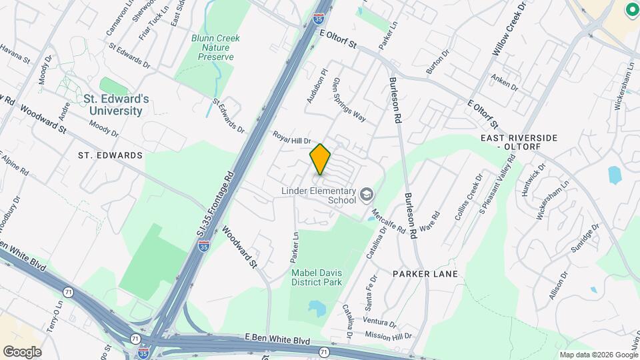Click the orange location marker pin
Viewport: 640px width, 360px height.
321,159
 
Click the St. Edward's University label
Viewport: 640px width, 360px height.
117,105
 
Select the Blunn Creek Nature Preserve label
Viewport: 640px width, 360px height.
216,47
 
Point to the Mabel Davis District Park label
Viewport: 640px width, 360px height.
316,277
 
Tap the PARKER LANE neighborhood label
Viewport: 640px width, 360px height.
425,274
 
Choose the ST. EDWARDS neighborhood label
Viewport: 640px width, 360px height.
110,155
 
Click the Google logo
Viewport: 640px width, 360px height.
22,351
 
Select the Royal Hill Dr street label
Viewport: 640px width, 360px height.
292,137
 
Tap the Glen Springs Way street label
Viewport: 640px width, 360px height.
349,101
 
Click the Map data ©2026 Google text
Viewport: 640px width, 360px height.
598,355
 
